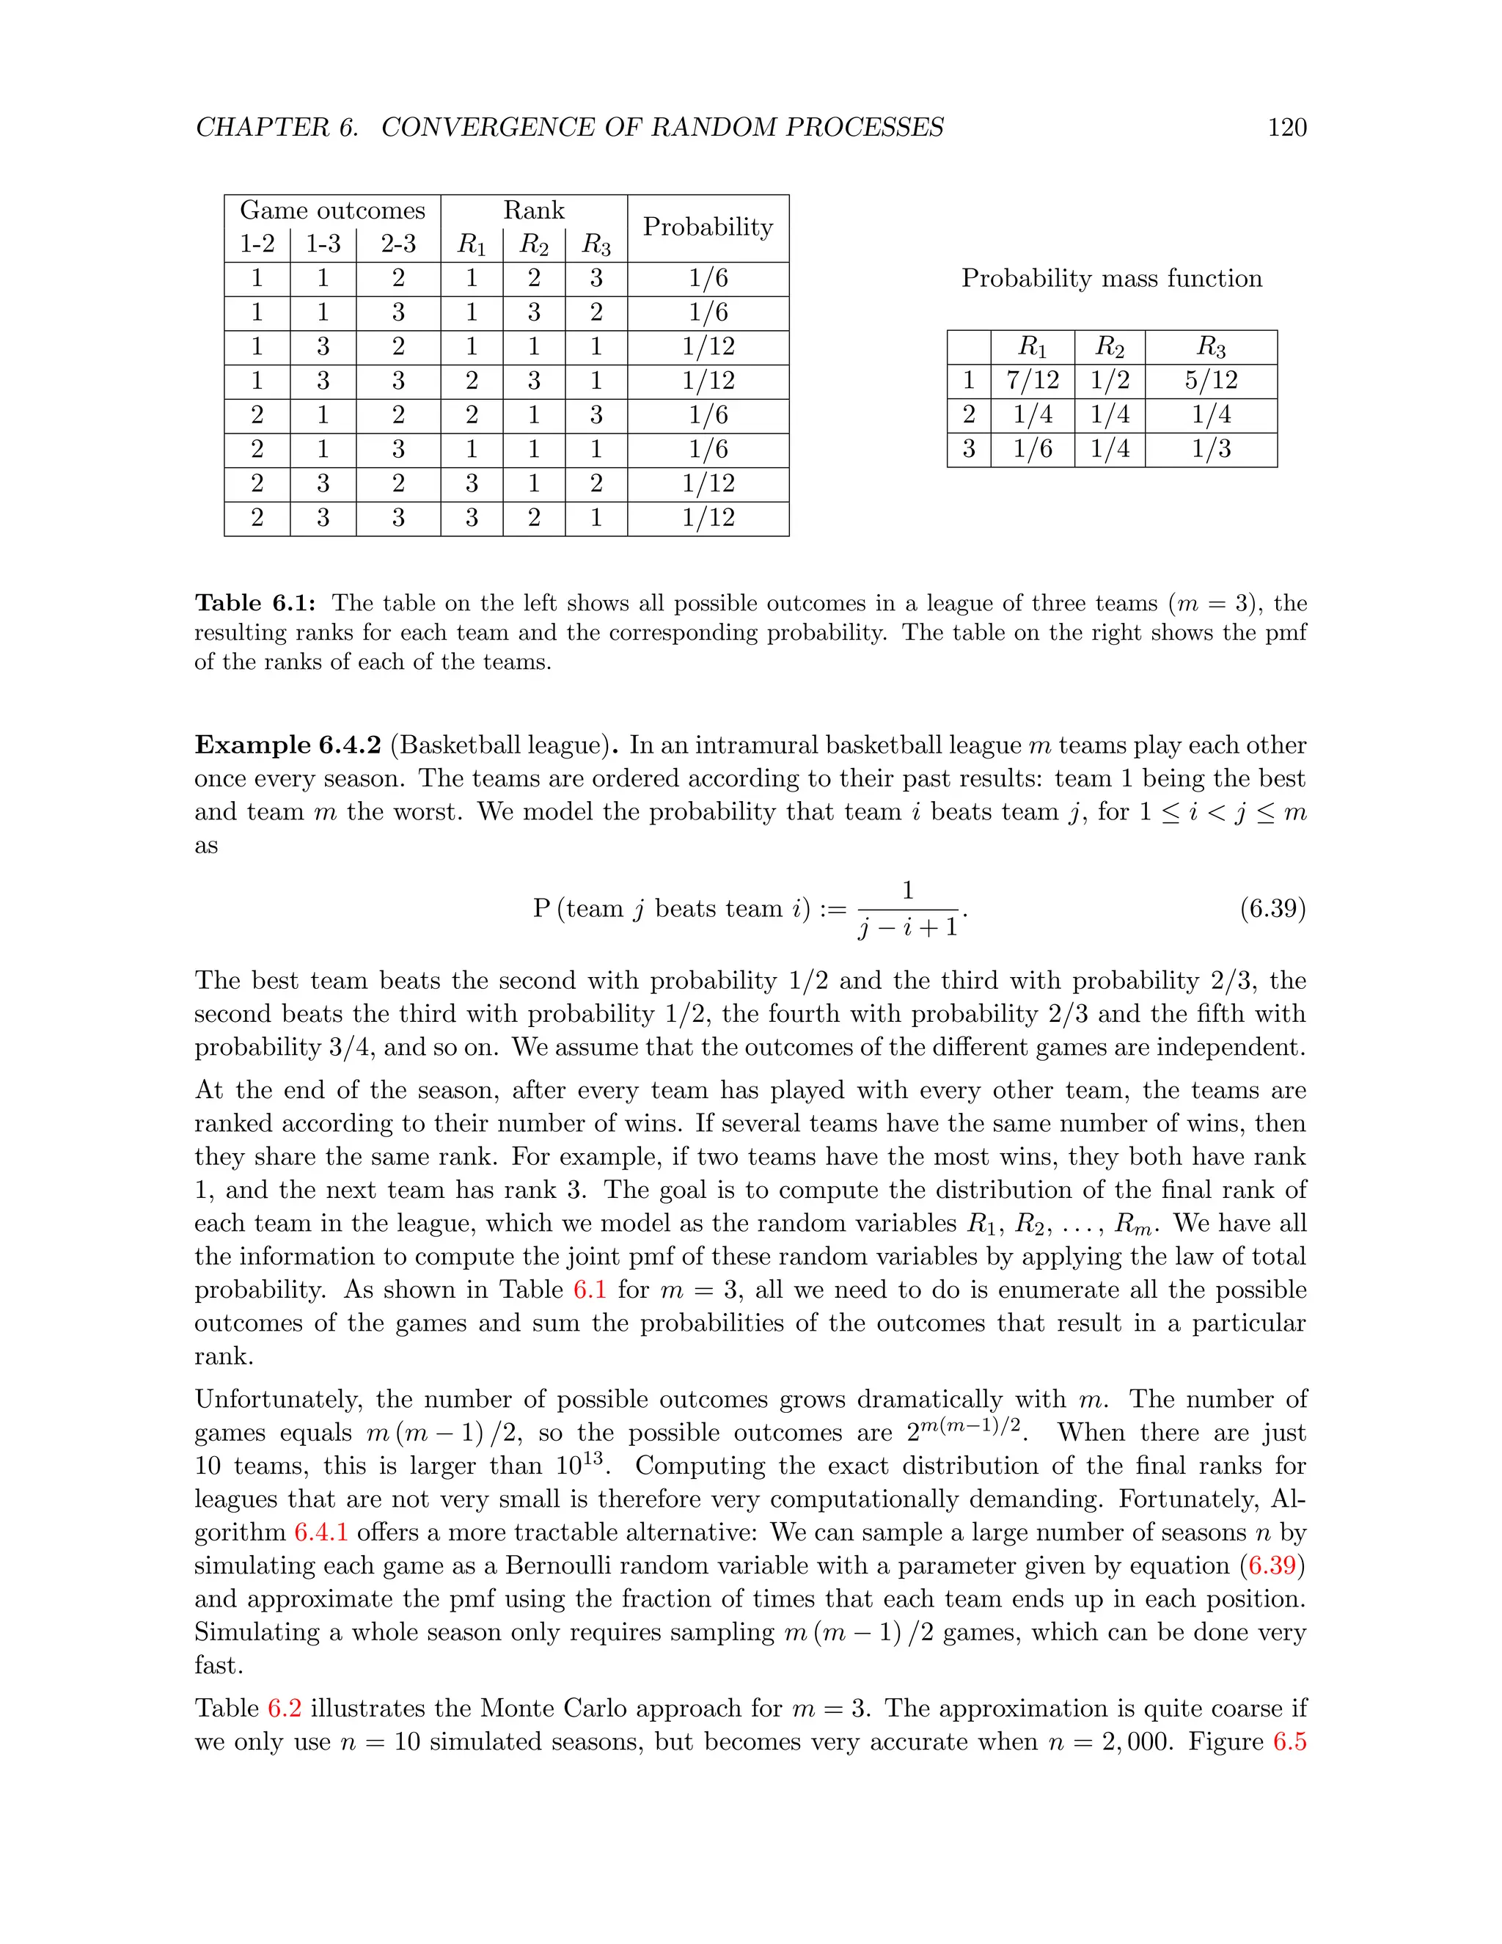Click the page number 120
1286,128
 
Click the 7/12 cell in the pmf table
1032,380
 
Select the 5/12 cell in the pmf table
1210,380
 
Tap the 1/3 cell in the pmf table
1210,449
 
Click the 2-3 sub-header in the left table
398,244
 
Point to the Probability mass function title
1111,279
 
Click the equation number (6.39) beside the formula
1272,909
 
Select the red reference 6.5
1289,1742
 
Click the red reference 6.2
284,1708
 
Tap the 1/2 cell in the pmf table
1110,380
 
